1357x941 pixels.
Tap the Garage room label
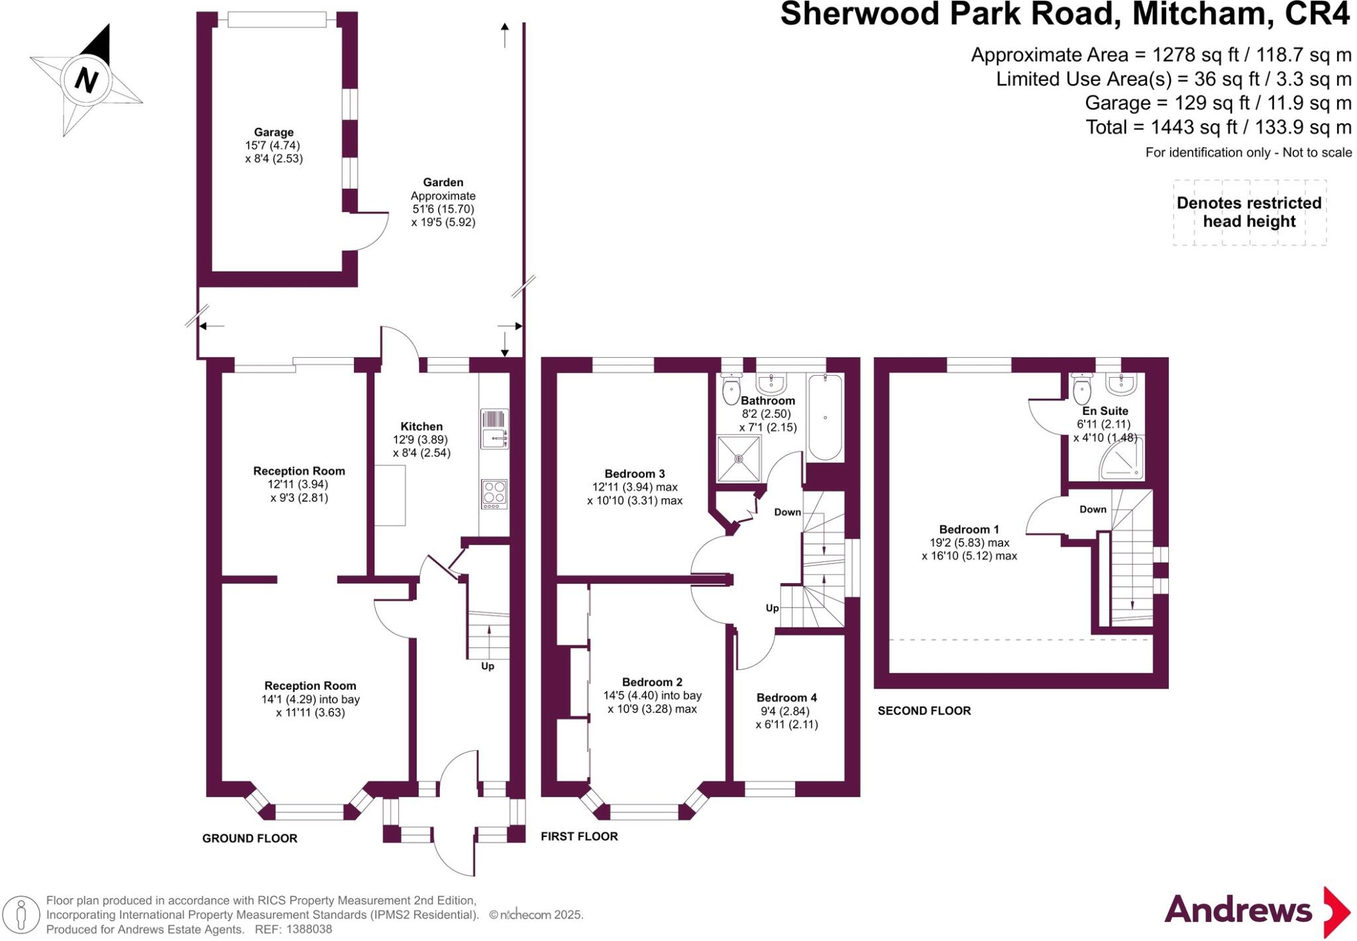274,133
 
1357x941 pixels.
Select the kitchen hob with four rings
494,493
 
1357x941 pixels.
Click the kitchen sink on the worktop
494,438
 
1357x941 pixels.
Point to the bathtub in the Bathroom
825,417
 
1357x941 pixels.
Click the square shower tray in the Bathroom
739,458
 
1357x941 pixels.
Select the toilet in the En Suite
1082,389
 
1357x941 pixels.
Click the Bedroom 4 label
787,698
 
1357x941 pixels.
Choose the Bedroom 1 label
969,529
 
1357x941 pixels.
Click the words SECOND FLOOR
924,711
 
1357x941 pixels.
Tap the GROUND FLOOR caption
250,838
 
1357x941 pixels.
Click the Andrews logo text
1238,910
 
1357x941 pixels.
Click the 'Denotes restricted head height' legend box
1249,213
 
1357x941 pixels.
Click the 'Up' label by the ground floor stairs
488,666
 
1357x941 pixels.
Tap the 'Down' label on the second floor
1093,510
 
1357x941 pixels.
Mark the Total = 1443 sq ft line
1218,127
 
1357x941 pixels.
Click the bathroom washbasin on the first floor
771,382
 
